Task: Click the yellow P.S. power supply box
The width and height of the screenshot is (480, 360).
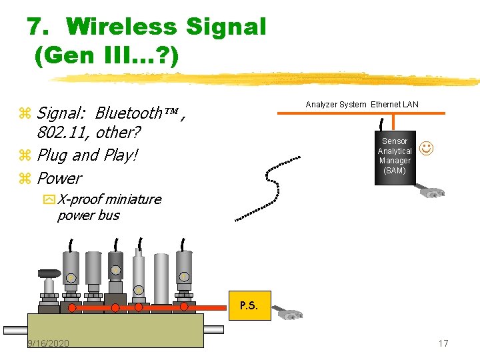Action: pos(249,306)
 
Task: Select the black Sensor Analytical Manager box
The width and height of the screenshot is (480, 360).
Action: pos(395,157)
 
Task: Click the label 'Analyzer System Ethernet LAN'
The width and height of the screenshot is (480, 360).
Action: pos(362,105)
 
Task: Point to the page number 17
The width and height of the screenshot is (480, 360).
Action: pos(443,343)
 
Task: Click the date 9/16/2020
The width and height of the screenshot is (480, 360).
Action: pos(48,343)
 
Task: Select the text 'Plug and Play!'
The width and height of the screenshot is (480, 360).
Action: pos(87,155)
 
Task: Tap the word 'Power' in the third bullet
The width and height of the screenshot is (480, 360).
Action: pos(59,178)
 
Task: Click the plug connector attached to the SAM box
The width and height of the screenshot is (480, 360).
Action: pos(432,191)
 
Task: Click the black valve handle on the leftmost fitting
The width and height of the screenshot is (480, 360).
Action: pos(49,273)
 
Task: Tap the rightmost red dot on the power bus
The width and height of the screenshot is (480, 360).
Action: pos(184,307)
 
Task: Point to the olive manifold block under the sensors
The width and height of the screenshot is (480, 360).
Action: pos(115,330)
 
